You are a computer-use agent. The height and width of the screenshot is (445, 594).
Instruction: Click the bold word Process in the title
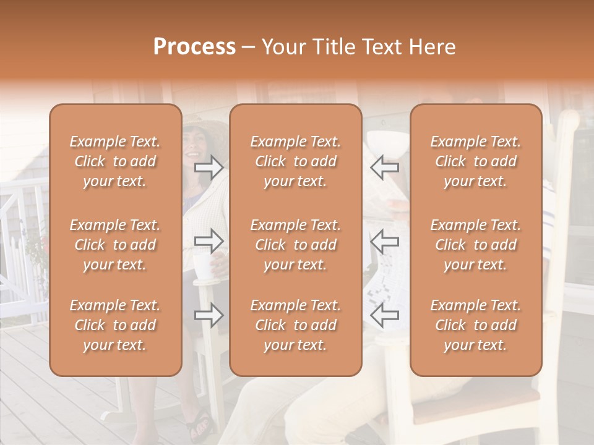pos(194,47)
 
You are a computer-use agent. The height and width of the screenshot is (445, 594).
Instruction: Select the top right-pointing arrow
pos(209,167)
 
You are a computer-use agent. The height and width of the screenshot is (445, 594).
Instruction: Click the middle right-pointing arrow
pos(209,241)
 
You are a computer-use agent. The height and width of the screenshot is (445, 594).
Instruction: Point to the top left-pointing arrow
pos(384,167)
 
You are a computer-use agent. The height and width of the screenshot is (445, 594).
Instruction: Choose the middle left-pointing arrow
pos(384,241)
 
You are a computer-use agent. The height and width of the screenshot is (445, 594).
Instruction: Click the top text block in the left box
pos(115,161)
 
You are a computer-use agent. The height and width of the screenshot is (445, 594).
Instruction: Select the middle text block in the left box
pos(115,245)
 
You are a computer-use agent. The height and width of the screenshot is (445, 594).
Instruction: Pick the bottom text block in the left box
pos(115,325)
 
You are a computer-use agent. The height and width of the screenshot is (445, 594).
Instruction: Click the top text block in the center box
pos(295,161)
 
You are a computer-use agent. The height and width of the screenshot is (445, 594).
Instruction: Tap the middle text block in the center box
pos(295,245)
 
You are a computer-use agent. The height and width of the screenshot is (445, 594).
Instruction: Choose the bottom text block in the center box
pos(295,325)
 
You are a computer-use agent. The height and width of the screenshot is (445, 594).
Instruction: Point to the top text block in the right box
pos(476,161)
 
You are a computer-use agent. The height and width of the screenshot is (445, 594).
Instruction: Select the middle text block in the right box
pos(476,245)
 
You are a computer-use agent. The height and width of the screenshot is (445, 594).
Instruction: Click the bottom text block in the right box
pos(476,325)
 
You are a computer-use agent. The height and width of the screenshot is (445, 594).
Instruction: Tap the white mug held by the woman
pos(202,266)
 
